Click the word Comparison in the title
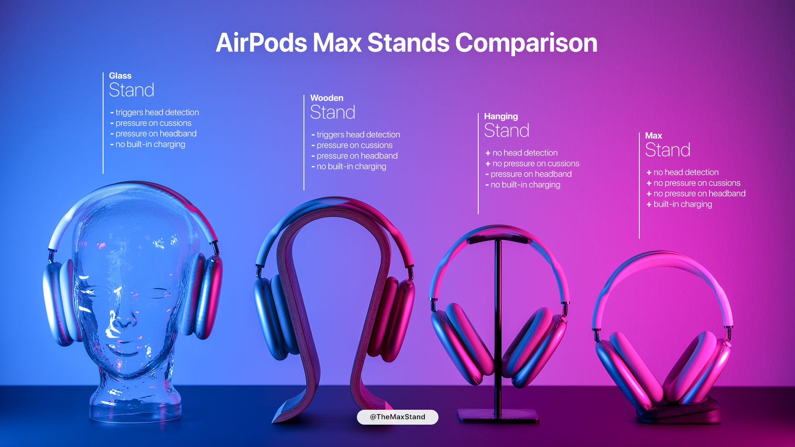526,43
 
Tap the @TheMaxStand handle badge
397,417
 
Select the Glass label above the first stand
120,76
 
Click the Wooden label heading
327,98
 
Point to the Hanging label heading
501,116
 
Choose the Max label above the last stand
653,136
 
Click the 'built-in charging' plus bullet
682,204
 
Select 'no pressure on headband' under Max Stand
699,193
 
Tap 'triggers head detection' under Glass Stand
157,112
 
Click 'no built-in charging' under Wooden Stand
351,166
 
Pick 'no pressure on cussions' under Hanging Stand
535,163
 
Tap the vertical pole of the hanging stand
498,315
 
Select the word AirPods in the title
261,43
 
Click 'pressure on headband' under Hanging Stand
531,174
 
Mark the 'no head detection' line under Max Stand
686,172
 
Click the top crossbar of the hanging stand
498,239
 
